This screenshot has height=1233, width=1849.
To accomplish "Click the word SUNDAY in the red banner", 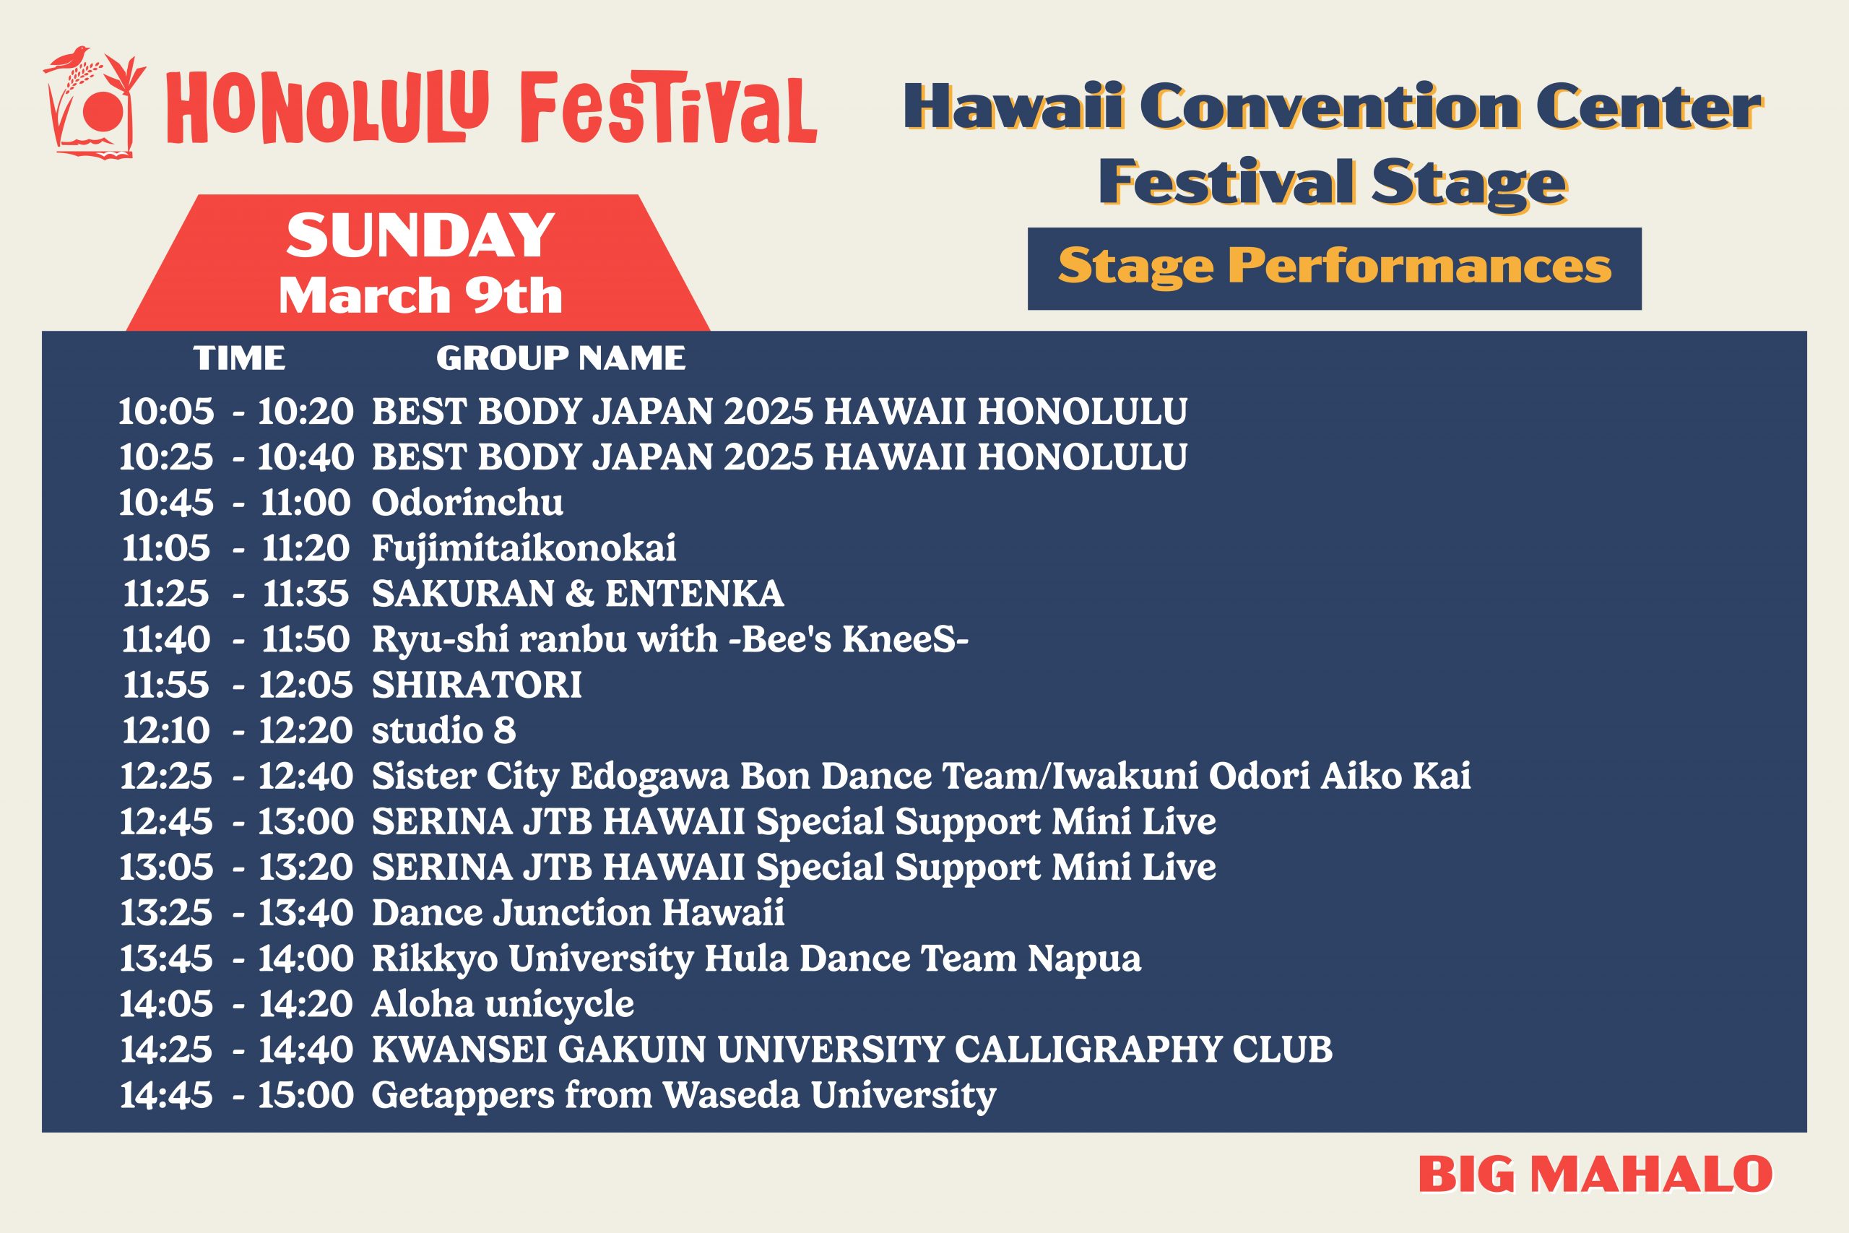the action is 420,235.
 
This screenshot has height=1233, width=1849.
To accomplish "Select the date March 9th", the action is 420,295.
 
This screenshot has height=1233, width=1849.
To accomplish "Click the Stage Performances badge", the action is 1334,268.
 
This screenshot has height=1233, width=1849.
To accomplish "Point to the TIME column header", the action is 240,358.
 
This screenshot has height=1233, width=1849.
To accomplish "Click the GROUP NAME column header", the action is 560,358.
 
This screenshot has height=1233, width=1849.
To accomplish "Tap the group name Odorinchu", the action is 467,503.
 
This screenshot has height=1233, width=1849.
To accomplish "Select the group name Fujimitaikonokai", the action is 524,549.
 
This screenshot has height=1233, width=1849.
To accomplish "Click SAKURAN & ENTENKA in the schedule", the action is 578,594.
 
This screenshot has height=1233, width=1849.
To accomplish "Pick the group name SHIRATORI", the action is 477,685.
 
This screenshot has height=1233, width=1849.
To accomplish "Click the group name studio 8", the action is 443,730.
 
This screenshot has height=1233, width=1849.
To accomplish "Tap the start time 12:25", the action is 166,776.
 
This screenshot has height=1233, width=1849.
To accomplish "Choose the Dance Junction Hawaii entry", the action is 578,913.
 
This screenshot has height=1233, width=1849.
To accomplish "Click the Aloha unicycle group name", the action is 503,1004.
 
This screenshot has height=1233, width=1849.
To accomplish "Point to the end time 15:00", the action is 306,1095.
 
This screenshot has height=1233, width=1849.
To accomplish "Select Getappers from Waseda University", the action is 684,1095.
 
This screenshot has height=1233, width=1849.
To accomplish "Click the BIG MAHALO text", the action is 1595,1174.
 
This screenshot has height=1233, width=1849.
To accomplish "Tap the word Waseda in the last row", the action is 730,1095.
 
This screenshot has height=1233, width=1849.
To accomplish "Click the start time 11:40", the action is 166,639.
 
